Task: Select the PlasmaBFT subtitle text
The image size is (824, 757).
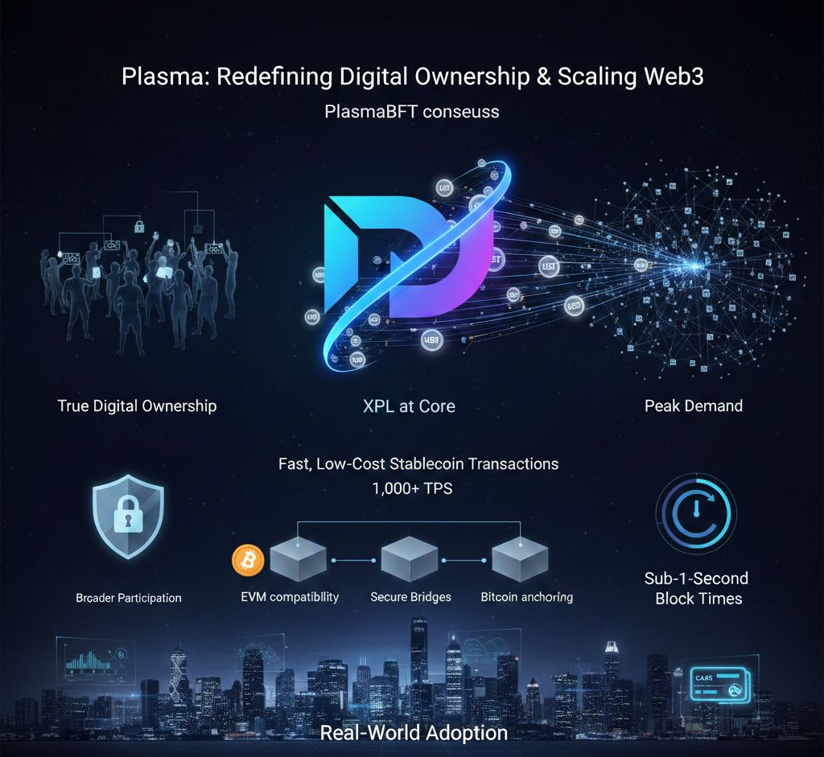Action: pyautogui.click(x=411, y=111)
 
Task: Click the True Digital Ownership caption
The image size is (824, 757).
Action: pyautogui.click(x=137, y=405)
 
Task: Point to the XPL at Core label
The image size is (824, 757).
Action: pyautogui.click(x=409, y=406)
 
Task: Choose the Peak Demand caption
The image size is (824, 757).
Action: pyautogui.click(x=693, y=405)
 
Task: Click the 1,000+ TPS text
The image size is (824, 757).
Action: pyautogui.click(x=411, y=488)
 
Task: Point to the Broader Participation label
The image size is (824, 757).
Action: pyautogui.click(x=128, y=598)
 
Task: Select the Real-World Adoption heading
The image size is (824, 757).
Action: pyautogui.click(x=414, y=733)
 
